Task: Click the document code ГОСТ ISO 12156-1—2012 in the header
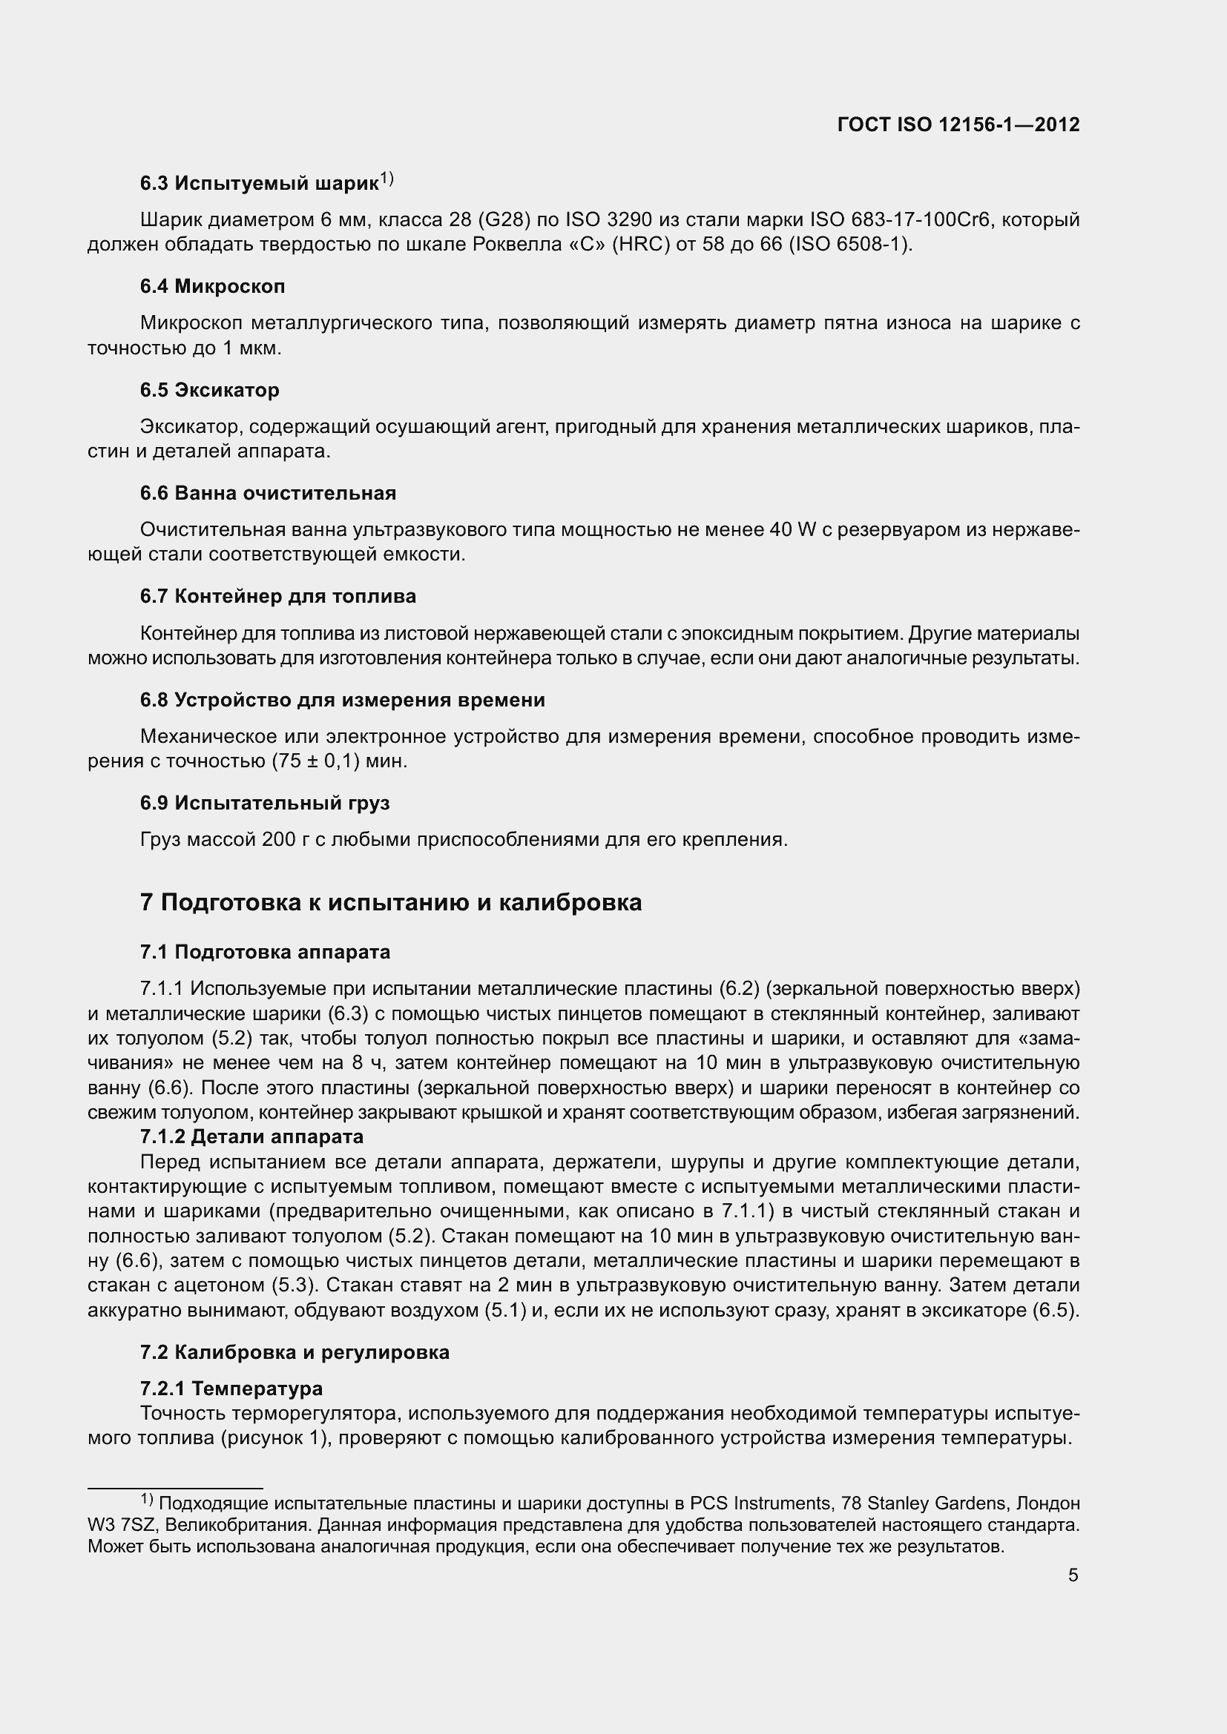[958, 125]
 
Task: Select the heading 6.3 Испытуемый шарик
[258, 184]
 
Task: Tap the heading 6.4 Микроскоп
[212, 286]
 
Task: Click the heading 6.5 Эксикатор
[209, 390]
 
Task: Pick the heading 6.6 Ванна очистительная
[268, 493]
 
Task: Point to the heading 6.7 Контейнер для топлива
[277, 597]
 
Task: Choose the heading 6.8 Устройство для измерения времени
[341, 700]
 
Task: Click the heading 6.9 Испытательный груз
[264, 803]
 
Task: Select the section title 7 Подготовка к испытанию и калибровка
[390, 902]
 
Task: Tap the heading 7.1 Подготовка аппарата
[264, 952]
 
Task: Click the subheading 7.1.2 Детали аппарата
[251, 1136]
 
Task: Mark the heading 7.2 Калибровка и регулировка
[294, 1352]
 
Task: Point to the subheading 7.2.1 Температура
[231, 1388]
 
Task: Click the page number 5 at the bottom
[1073, 1575]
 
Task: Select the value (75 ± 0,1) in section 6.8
[315, 761]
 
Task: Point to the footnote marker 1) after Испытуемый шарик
[386, 179]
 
